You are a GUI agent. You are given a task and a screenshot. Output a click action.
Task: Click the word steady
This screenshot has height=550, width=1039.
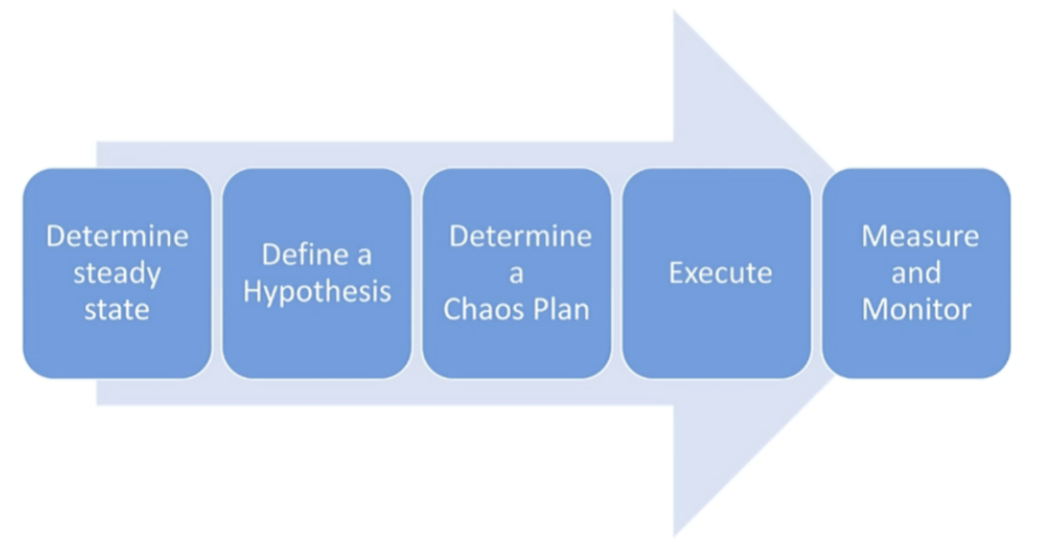(116, 274)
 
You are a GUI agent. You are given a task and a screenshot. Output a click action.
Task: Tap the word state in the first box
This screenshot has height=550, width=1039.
(116, 309)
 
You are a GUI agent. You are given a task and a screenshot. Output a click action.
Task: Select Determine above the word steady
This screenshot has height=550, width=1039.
(116, 236)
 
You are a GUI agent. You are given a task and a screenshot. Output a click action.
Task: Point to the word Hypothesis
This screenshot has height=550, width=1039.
(316, 292)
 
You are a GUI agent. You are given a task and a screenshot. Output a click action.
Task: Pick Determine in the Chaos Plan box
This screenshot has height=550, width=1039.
(520, 236)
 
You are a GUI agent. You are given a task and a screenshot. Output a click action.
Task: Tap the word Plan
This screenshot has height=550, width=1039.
(560, 309)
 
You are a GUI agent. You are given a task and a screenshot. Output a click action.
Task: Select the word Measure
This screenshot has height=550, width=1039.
(920, 236)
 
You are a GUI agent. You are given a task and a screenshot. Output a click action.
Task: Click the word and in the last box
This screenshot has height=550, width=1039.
(916, 273)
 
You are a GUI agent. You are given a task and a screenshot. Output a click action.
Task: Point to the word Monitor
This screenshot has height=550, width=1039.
(916, 309)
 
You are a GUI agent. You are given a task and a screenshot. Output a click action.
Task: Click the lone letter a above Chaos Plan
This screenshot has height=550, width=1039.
(516, 274)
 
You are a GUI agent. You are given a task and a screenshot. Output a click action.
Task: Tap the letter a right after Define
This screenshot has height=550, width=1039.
(364, 257)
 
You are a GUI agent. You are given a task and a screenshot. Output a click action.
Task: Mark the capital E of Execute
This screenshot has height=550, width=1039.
(676, 273)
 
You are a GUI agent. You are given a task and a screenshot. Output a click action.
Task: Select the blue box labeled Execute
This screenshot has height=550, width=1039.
(716, 274)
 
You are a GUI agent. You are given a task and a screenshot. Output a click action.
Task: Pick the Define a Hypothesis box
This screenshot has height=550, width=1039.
(316, 274)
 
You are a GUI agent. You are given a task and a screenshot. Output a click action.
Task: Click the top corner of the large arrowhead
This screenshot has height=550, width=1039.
(674, 10)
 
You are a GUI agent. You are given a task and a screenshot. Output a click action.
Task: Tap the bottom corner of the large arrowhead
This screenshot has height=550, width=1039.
(674, 536)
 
